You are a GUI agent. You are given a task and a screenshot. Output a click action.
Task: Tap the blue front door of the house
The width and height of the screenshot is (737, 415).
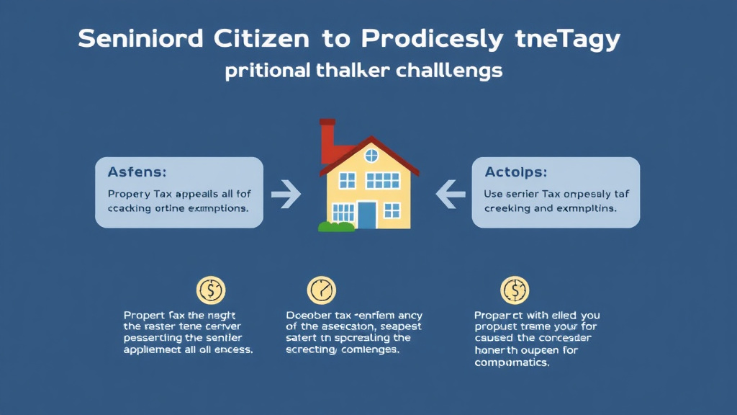coord(367,214)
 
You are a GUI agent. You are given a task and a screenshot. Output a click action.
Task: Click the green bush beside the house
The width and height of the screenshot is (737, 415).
coord(335,226)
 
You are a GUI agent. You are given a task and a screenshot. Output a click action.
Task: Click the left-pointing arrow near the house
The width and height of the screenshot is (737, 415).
coord(451,192)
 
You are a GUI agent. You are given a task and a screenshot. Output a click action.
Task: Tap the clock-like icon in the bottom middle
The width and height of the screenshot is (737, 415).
coord(321,290)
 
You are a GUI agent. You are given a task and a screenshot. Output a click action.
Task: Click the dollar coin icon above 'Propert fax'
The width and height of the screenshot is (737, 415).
coord(211,290)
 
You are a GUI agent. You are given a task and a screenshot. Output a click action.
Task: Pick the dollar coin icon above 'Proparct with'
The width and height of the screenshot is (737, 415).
coord(514,290)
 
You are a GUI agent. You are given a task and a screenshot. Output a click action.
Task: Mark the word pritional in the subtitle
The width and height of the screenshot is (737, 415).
coord(266,73)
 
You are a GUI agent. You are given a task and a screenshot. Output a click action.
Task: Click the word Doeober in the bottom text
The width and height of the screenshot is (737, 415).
coord(309,316)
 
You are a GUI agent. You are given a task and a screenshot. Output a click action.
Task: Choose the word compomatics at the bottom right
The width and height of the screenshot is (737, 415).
coord(512,362)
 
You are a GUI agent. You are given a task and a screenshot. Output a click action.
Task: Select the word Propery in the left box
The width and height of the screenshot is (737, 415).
coord(130,195)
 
